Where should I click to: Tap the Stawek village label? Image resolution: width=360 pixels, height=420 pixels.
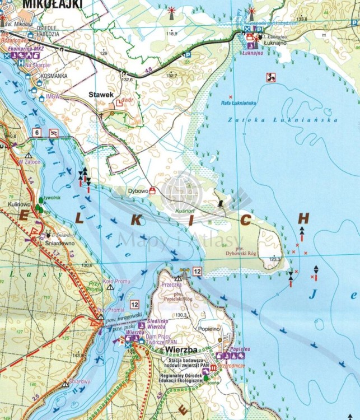coord(101,95)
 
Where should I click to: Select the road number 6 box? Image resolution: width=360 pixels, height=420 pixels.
coord(37,132)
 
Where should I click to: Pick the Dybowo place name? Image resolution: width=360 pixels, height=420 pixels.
coord(138,190)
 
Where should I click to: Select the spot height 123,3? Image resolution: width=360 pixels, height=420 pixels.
coord(274,259)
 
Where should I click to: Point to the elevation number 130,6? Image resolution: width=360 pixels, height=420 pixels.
coord(86,265)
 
